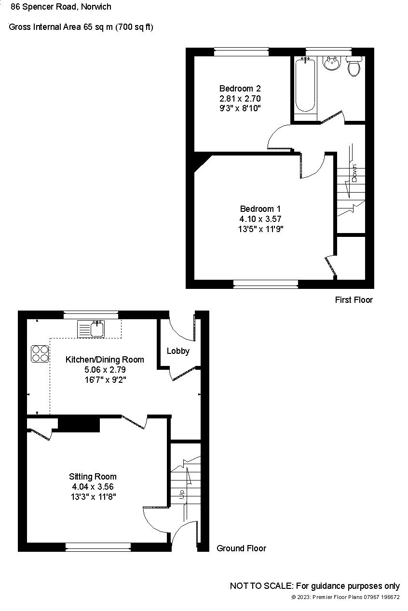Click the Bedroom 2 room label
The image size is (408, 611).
coord(240,89)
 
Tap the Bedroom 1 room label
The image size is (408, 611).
coord(260,209)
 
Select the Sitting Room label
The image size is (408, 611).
coord(93,477)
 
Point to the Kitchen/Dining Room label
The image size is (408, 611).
coord(105,360)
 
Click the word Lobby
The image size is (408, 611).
coord(178,351)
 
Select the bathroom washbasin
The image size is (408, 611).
coord(331,63)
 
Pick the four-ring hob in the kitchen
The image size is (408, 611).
coord(40,354)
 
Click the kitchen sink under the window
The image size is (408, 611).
coord(91,329)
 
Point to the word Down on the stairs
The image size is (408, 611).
coord(354,173)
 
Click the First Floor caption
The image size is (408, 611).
coord(354,300)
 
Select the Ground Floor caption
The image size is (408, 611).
coord(241,548)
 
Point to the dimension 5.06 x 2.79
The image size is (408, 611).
coord(105,370)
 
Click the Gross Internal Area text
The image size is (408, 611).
coord(81,27)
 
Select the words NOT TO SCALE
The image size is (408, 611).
coord(261,586)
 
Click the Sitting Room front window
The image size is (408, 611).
coord(98,546)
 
